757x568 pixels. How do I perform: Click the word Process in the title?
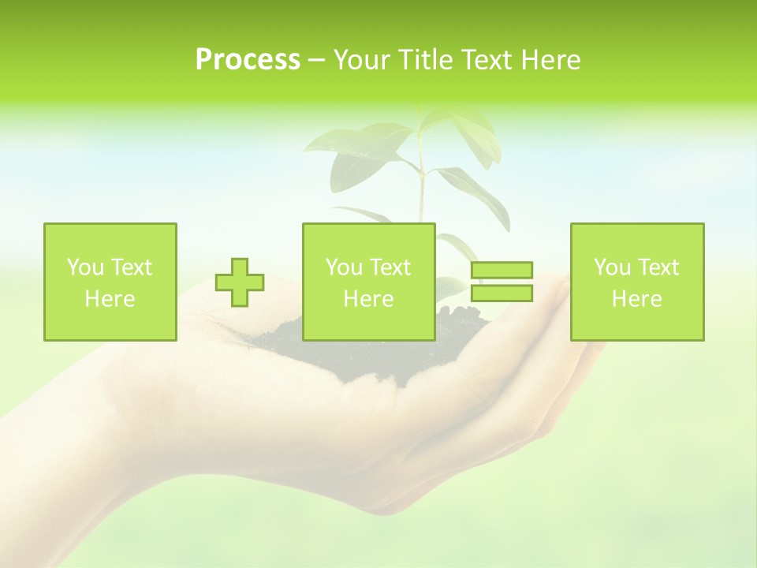click(248, 60)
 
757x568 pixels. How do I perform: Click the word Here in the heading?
click(550, 60)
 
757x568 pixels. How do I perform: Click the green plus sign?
click(240, 282)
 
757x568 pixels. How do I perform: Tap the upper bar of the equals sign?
click(502, 271)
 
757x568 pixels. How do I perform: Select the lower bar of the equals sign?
click(502, 293)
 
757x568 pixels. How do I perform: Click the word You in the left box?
click(85, 267)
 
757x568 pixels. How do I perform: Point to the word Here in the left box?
click(110, 299)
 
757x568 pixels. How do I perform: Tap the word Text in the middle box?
click(390, 267)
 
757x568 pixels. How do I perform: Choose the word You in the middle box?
click(344, 267)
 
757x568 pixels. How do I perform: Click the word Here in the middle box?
click(368, 299)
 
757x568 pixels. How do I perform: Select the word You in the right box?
click(612, 267)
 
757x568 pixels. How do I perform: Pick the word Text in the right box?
click(658, 267)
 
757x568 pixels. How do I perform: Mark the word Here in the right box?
click(636, 299)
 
